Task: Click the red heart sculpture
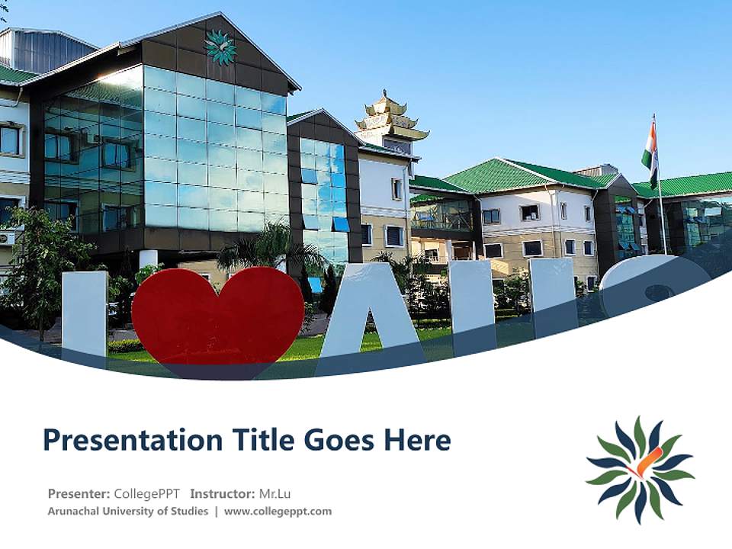pos(217,316)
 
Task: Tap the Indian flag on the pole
pos(649,149)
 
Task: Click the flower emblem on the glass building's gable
pos(220,47)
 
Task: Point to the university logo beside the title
pos(640,470)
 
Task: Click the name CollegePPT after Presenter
pos(146,493)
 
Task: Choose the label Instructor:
pos(223,493)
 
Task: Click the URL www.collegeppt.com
pos(278,511)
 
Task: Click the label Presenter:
pos(79,493)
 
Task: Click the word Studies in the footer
pos(190,511)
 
